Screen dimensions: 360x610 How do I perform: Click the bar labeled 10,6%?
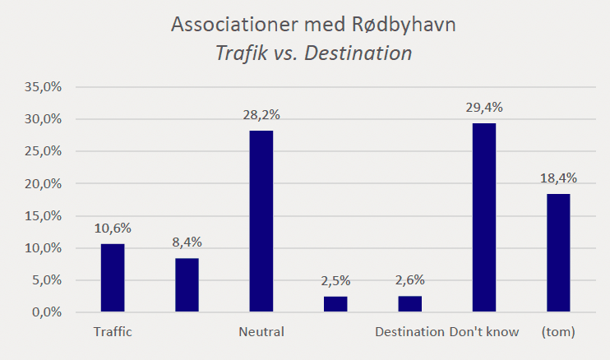(x=113, y=278)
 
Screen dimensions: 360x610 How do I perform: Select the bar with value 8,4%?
(x=187, y=285)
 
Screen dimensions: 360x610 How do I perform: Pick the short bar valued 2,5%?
(x=335, y=304)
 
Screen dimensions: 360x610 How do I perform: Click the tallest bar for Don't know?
(x=484, y=218)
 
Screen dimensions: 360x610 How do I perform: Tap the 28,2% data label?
(x=261, y=116)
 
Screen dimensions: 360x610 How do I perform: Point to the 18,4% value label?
(x=558, y=178)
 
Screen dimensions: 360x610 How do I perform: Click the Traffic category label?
(x=113, y=333)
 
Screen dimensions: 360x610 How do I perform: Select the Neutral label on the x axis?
(x=261, y=333)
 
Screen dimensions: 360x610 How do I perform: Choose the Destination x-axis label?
(x=409, y=333)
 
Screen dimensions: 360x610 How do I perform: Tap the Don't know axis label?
(x=484, y=333)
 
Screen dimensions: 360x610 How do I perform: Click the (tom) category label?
(x=558, y=333)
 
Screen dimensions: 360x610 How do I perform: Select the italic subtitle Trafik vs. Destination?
(x=313, y=53)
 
